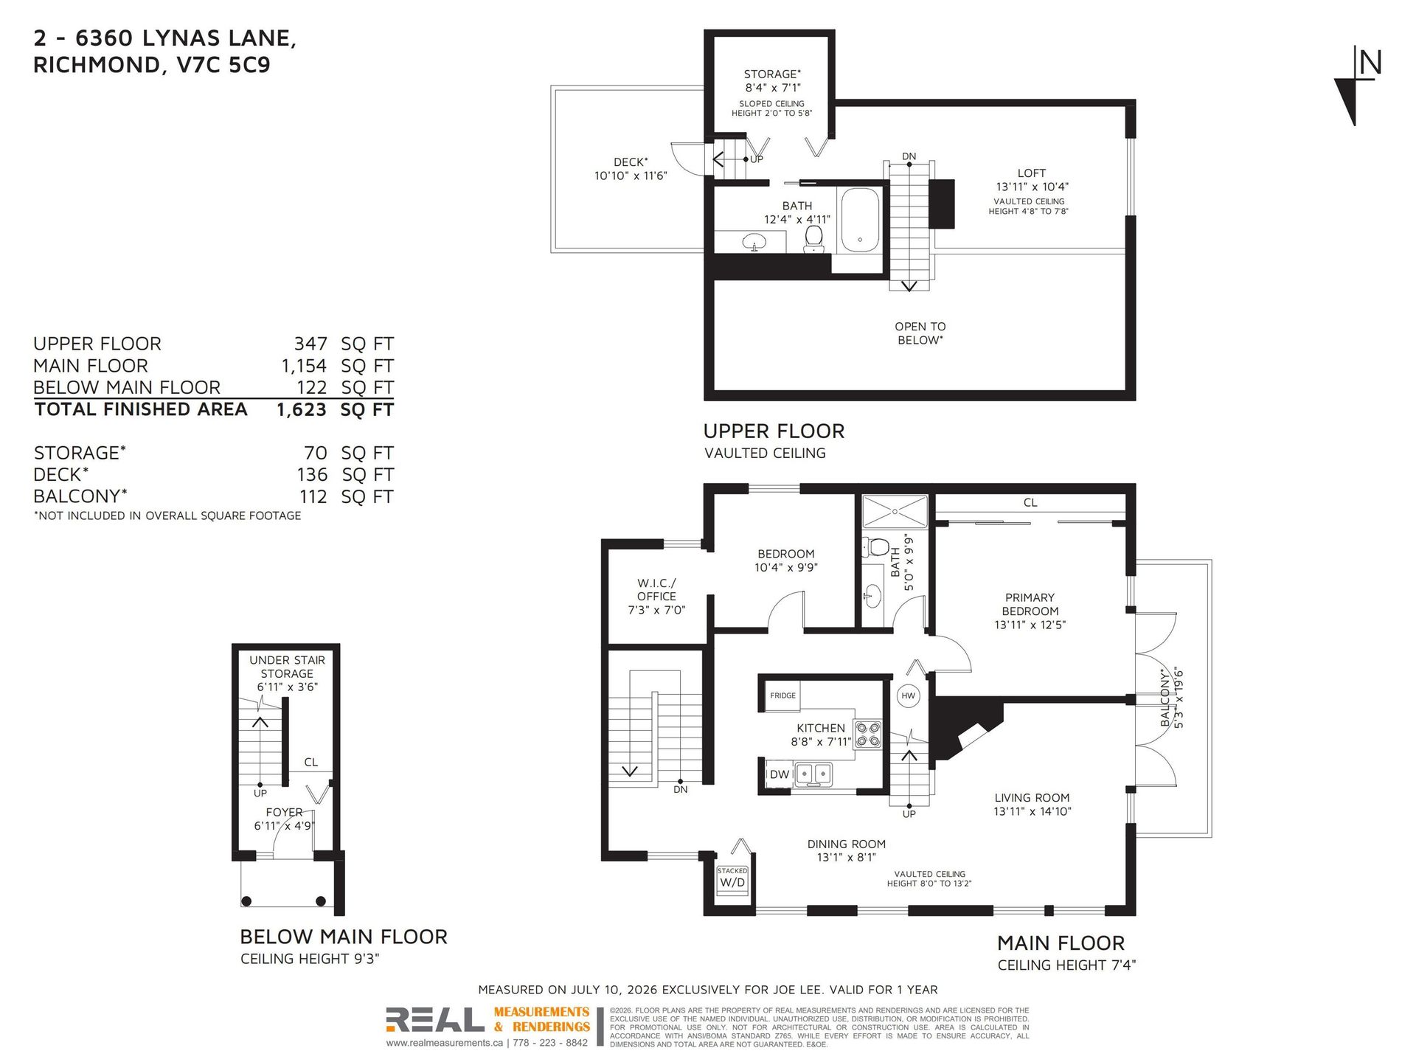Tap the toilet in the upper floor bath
813,239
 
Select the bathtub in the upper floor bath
859,220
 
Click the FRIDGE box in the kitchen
782,695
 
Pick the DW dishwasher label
779,774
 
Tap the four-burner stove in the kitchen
867,735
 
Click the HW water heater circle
908,695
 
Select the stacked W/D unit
732,879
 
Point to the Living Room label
1032,797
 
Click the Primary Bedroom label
1030,604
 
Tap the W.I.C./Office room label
656,590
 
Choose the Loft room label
1032,173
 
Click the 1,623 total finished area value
301,410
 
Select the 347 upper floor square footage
310,344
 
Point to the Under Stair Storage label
287,667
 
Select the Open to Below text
920,333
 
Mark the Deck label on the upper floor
631,162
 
